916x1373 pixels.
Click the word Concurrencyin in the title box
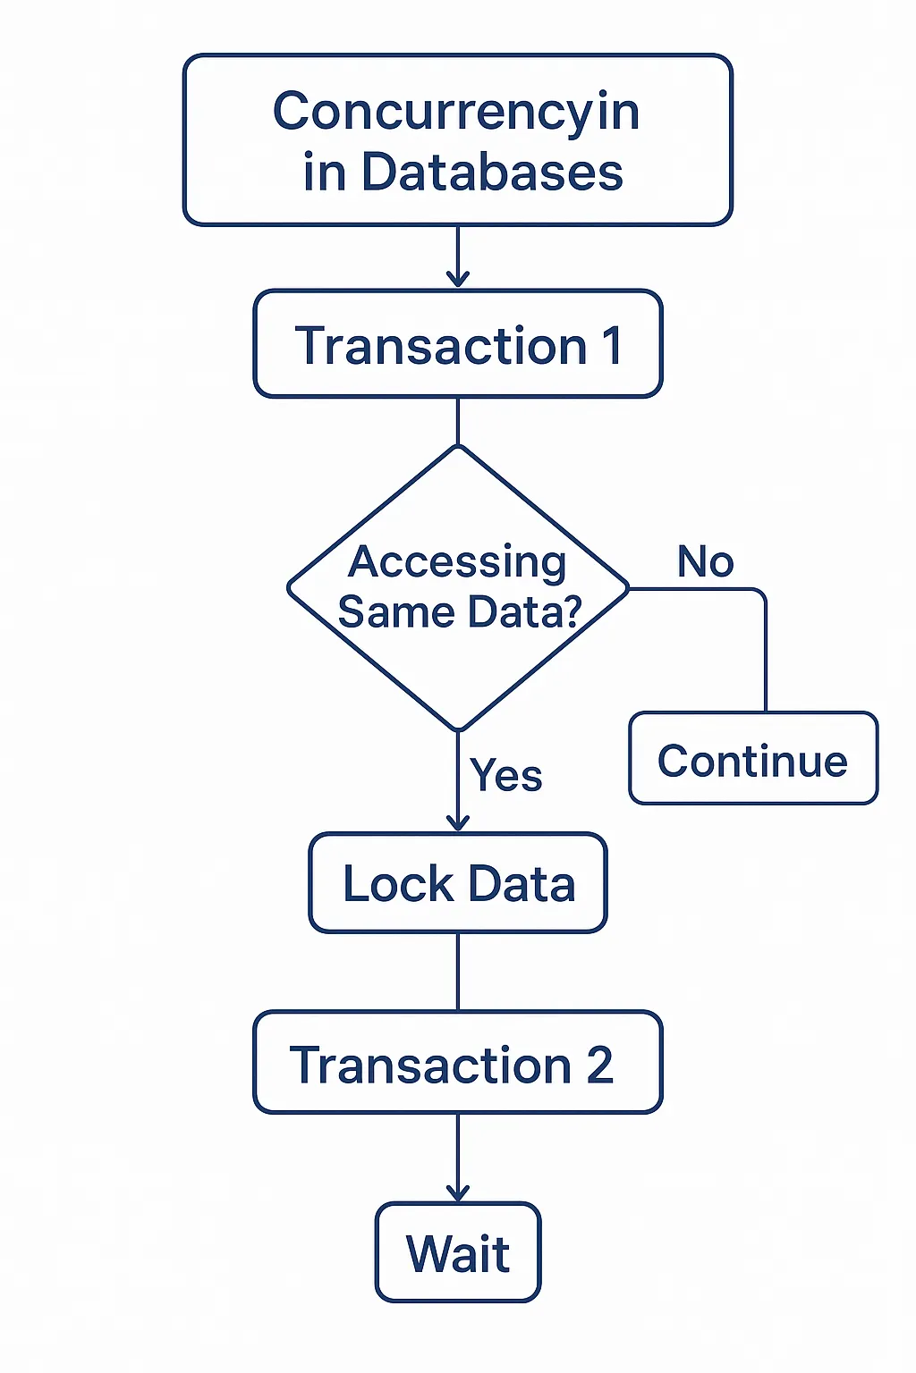coord(456,114)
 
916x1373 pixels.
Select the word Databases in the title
coord(492,173)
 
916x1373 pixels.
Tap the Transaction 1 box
coord(458,344)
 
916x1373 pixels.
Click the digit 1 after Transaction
coord(612,346)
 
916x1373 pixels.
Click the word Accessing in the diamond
coord(457,563)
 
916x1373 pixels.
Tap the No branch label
coord(706,562)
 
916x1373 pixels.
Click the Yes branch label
coord(506,775)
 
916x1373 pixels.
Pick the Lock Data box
coord(458,883)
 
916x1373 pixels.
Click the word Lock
coord(398,884)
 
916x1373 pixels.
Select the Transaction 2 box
coord(458,1063)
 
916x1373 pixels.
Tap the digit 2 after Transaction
coord(599,1066)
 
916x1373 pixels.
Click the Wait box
coord(458,1252)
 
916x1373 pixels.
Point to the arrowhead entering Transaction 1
coord(458,280)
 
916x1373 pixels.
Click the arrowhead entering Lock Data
coord(458,823)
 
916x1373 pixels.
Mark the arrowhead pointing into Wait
coord(458,1193)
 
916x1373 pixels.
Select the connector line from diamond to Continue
coord(765,644)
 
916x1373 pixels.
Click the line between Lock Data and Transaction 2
coord(458,972)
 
